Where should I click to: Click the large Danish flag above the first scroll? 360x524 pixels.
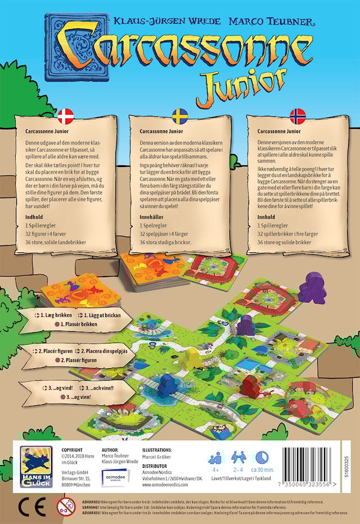(x=66, y=116)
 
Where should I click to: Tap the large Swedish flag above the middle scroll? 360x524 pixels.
(x=179, y=116)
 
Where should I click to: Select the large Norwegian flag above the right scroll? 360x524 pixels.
(x=297, y=116)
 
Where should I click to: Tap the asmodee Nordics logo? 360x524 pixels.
(x=117, y=475)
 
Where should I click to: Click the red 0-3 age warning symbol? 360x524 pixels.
(x=65, y=506)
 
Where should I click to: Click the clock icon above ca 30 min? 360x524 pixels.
(x=262, y=458)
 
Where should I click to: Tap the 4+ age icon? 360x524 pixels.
(x=215, y=458)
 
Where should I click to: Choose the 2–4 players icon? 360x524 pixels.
(x=238, y=458)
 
